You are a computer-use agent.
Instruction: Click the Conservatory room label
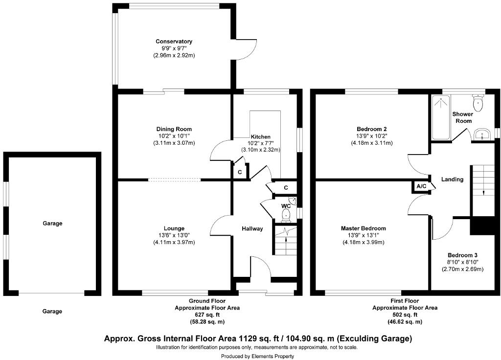pos(174,42)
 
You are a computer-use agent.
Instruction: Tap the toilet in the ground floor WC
pos(287,214)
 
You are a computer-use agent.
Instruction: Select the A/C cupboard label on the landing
pos(421,186)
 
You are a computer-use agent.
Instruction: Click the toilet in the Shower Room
pos(478,103)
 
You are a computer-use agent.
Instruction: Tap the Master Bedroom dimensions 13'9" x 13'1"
pos(363,235)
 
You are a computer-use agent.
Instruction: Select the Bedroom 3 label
pos(462,255)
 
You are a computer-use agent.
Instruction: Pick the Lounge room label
pos(174,228)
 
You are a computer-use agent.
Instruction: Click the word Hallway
pos(252,228)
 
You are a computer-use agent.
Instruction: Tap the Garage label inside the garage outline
pos(52,224)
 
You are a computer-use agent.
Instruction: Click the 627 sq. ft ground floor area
pos(207,315)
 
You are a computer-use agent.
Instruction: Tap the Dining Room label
pos(174,129)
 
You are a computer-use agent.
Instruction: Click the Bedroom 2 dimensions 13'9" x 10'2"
pos(371,136)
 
